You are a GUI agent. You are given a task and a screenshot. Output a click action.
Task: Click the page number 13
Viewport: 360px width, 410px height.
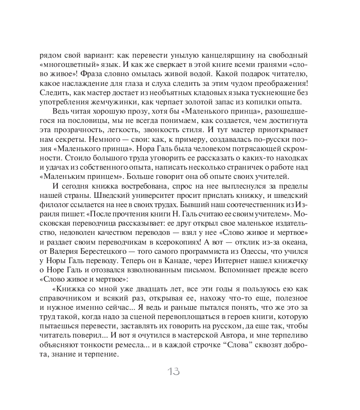174,372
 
